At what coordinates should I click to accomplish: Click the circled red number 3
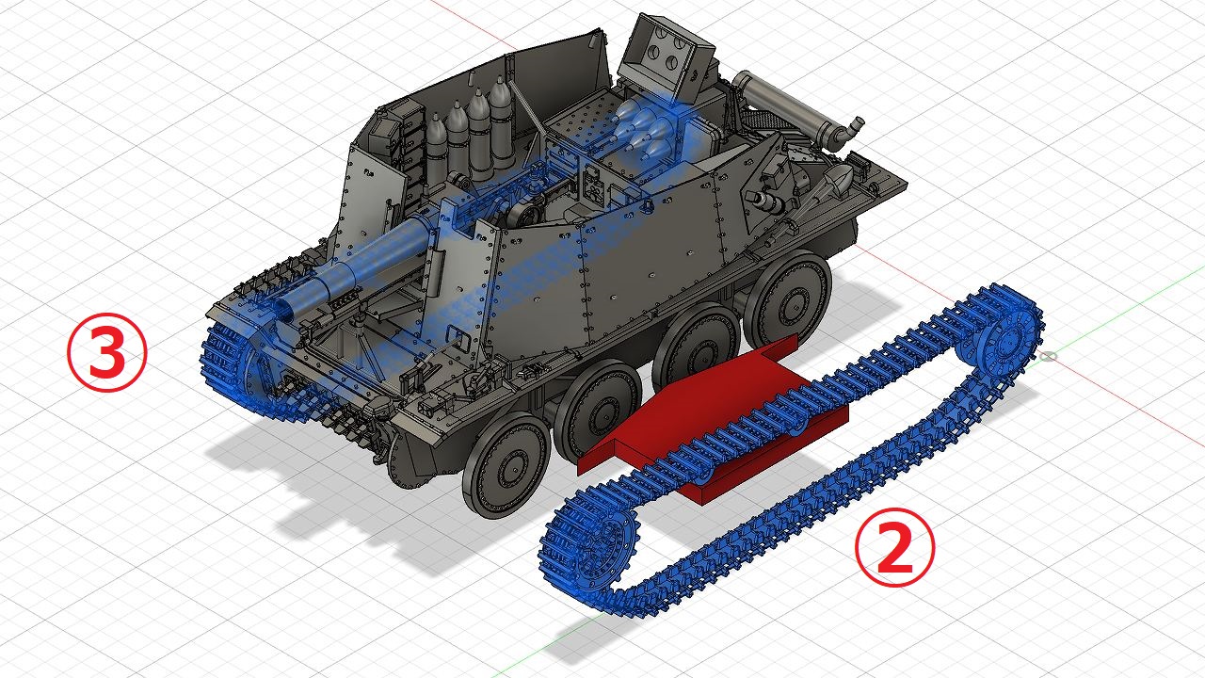(x=107, y=352)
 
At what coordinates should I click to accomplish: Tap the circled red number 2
(x=895, y=547)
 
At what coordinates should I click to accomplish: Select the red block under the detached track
(x=713, y=420)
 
